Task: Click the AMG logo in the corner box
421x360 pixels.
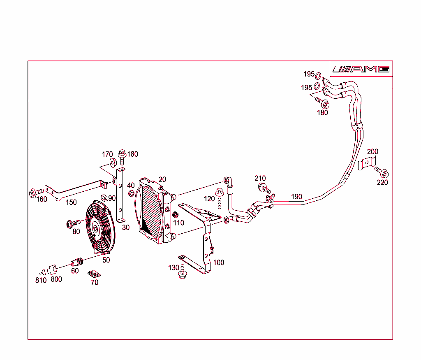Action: pos(361,69)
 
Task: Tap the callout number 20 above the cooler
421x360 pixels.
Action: pos(162,179)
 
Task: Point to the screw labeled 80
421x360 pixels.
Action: pos(72,223)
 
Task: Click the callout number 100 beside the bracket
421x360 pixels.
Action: pos(219,262)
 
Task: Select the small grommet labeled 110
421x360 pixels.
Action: pos(176,215)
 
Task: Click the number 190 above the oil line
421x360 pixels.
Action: pos(297,196)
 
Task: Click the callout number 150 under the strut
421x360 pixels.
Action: pos(71,202)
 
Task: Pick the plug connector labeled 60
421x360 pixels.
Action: pos(77,262)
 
